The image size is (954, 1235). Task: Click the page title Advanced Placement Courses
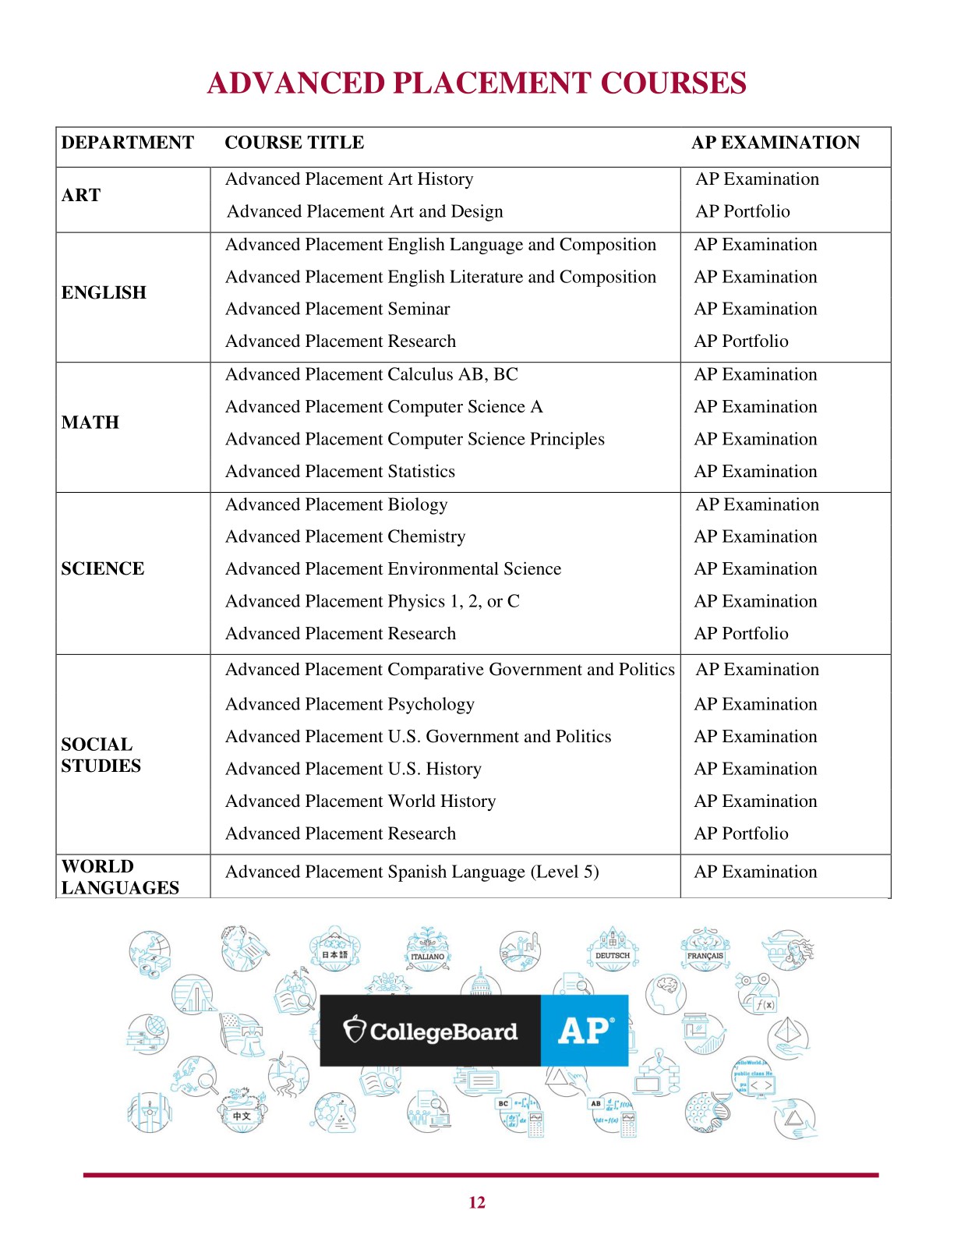pos(476,83)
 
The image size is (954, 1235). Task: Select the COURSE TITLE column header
pos(294,143)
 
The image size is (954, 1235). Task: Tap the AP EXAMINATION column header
pos(775,143)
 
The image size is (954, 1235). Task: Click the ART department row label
pos(81,195)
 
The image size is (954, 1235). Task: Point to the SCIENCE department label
pos(102,568)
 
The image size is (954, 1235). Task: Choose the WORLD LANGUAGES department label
pos(120,877)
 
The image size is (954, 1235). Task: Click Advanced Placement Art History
pos(349,179)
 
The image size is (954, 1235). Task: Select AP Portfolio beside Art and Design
pos(742,211)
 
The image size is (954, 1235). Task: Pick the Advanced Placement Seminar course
pos(337,309)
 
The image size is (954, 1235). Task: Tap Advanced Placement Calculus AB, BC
pos(371,374)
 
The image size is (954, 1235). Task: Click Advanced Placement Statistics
pos(340,471)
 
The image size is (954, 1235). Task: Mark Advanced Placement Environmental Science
pos(393,568)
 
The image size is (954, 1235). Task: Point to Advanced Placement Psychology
pos(349,704)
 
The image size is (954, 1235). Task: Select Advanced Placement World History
pos(360,801)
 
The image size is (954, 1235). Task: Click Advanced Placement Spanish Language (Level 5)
pos(412,872)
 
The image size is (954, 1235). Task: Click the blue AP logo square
pos(585,1030)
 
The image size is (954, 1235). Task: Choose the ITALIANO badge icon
pos(427,953)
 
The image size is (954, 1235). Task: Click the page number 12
pos(477,1202)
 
